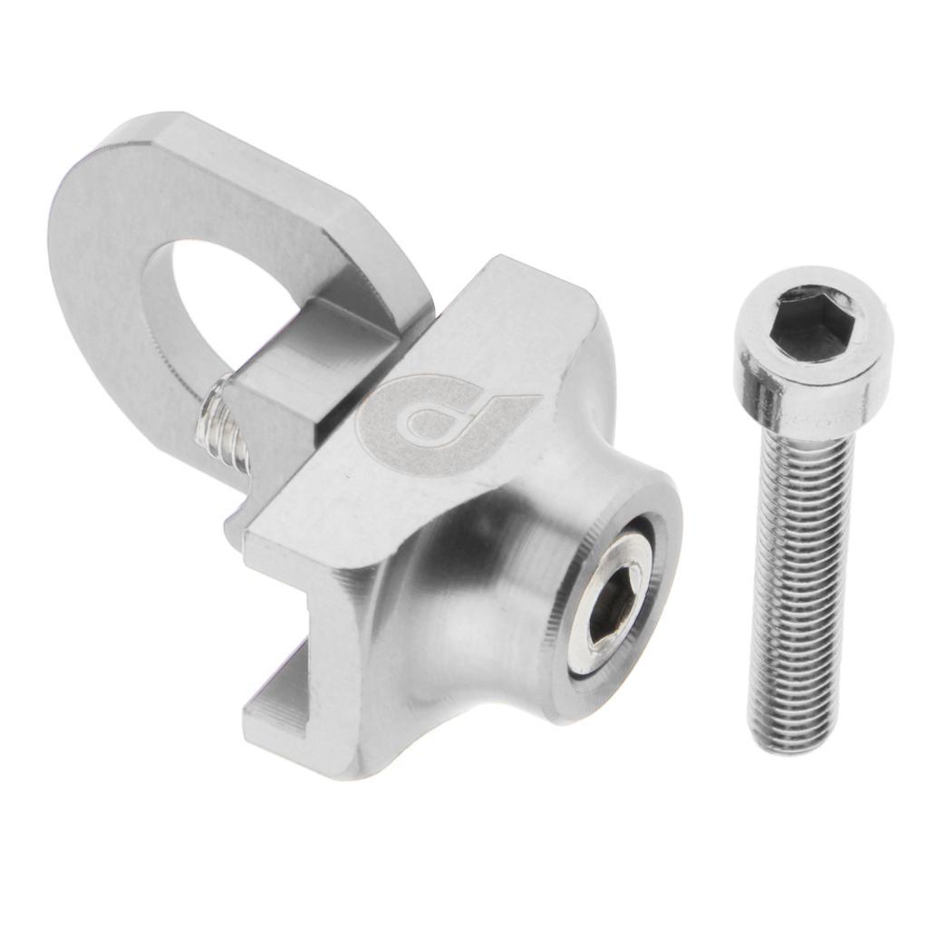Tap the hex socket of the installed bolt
[x=611, y=605]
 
